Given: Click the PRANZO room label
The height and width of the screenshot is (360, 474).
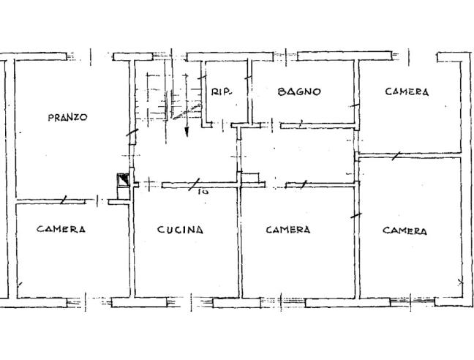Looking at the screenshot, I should click(67, 117).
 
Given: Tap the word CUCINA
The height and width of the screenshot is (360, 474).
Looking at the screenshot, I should click(180, 230).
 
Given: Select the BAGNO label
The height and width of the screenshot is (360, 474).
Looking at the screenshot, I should click(299, 92).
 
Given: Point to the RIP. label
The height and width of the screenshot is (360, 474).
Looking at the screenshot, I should click(222, 92).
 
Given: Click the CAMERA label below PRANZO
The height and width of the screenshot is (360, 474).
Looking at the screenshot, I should click(61, 229).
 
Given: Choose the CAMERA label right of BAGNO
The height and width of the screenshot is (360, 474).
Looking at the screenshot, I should click(407, 92).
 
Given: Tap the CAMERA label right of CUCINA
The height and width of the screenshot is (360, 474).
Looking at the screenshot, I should click(287, 230).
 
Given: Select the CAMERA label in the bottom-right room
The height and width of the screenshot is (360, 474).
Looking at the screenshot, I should click(405, 230).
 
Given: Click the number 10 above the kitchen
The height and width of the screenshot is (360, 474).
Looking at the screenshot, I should click(203, 192).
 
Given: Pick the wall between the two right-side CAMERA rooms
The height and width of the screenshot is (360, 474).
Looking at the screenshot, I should click(410, 155).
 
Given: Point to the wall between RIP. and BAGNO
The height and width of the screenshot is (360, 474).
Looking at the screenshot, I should click(249, 91).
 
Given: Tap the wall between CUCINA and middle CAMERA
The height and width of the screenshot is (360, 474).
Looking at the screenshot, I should click(240, 241).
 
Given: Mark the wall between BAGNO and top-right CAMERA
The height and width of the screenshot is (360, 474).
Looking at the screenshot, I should click(357, 91).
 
